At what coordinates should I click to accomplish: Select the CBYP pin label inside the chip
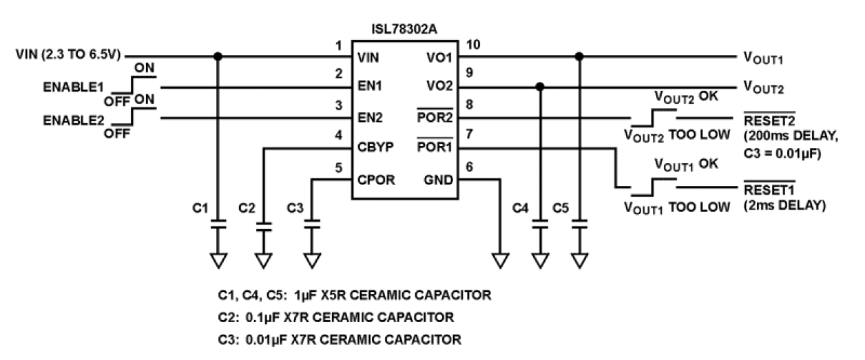pos(376,147)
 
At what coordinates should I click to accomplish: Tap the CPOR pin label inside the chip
pos(376,180)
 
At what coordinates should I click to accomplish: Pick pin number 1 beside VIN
pos(337,45)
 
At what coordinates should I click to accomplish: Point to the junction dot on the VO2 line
pos(541,87)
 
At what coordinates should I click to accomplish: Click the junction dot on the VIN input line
pos(218,56)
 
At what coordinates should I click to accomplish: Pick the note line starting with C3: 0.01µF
pos(337,339)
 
